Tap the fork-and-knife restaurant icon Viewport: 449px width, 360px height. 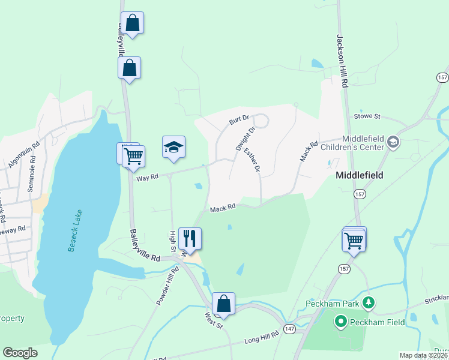(x=190, y=238)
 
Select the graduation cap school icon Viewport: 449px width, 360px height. (x=173, y=147)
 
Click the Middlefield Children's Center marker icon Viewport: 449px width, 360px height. (x=393, y=142)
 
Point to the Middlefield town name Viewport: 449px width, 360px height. (x=360, y=176)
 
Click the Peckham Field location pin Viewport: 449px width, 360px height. (x=341, y=322)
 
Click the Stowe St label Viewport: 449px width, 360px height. (x=368, y=115)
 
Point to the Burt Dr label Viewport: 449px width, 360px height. (x=238, y=120)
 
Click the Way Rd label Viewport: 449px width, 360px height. (x=146, y=177)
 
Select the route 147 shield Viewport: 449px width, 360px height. (x=289, y=329)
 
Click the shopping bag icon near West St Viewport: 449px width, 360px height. (x=223, y=304)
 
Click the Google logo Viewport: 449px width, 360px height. (x=20, y=353)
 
